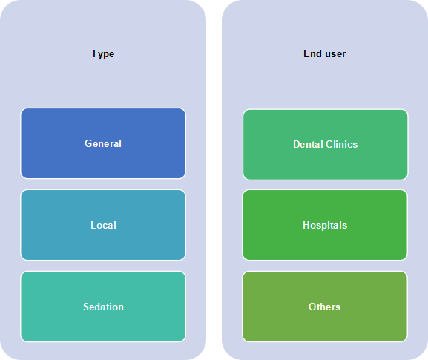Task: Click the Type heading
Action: pos(102,54)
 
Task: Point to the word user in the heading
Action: pos(335,54)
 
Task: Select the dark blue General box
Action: pos(103,143)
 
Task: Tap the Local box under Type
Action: pos(103,225)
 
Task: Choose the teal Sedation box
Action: pos(103,307)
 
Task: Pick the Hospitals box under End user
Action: pos(325,225)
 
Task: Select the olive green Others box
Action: pos(325,307)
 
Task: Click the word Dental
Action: pos(308,144)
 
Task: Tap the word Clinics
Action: pos(341,144)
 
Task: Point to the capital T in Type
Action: pos(94,53)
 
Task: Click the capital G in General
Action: pos(88,143)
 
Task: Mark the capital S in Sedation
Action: pos(86,307)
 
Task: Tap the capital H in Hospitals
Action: pos(306,225)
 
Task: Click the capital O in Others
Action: pos(312,307)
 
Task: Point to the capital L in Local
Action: pos(93,225)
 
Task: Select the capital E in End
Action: pos(306,53)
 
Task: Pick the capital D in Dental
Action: pos(297,144)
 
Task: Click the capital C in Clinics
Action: pos(329,144)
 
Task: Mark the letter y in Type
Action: pos(100,55)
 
